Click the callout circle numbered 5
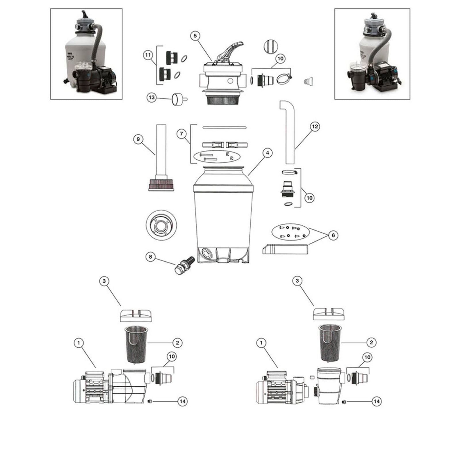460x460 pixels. (x=195, y=36)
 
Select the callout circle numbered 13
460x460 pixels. (x=152, y=97)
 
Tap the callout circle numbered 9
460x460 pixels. (x=138, y=139)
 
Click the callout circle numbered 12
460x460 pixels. (x=315, y=126)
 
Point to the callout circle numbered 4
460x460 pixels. (x=267, y=153)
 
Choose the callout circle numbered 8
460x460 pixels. (x=150, y=256)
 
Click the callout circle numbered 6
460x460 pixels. (x=333, y=235)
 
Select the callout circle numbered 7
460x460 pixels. (x=181, y=134)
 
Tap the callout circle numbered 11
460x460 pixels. (x=148, y=55)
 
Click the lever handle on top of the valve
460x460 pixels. (x=230, y=49)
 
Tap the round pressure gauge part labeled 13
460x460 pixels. (x=178, y=99)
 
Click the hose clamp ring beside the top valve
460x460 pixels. (x=284, y=78)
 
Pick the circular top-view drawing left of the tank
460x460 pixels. (x=161, y=225)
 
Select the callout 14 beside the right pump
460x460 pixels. (x=377, y=401)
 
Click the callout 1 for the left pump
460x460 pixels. (x=78, y=343)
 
